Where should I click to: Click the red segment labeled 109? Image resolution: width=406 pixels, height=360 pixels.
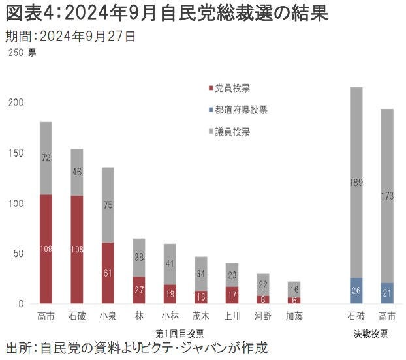tap(46, 248)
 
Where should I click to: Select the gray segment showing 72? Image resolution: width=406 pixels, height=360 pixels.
tap(46, 158)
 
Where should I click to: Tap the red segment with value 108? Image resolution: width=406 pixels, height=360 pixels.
tap(77, 249)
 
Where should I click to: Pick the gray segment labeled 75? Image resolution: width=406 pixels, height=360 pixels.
tap(108, 205)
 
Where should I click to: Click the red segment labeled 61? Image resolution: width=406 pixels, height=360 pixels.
tap(108, 273)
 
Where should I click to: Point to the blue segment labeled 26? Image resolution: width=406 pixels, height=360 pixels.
tap(356, 290)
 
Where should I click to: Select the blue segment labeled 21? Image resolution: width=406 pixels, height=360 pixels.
tap(387, 293)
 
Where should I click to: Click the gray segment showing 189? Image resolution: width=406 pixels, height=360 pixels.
tap(356, 182)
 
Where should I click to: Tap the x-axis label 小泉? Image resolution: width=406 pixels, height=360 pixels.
tap(108, 317)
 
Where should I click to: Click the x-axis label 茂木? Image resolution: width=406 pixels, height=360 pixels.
tap(202, 317)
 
